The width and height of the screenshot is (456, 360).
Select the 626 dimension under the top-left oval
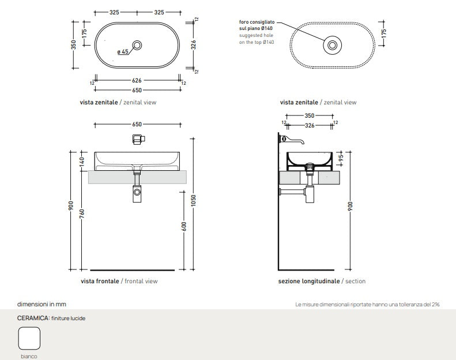[137, 81]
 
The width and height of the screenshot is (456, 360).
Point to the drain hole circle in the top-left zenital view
[137, 45]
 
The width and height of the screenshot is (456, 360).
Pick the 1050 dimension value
[194, 200]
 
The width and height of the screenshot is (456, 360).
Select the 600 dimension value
[184, 227]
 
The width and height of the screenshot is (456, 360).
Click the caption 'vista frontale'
[100, 281]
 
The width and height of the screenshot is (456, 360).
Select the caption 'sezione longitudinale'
[308, 281]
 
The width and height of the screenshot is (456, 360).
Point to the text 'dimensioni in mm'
[46, 303]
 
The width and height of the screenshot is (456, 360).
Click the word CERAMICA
[32, 318]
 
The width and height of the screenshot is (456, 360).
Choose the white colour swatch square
[29, 338]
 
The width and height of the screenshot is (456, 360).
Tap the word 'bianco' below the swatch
[29, 356]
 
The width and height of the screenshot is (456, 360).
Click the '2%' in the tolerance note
[435, 304]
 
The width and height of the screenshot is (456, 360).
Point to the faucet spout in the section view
[295, 140]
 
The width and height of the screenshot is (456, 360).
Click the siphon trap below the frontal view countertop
[137, 192]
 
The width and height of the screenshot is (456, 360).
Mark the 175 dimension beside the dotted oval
[383, 34]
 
